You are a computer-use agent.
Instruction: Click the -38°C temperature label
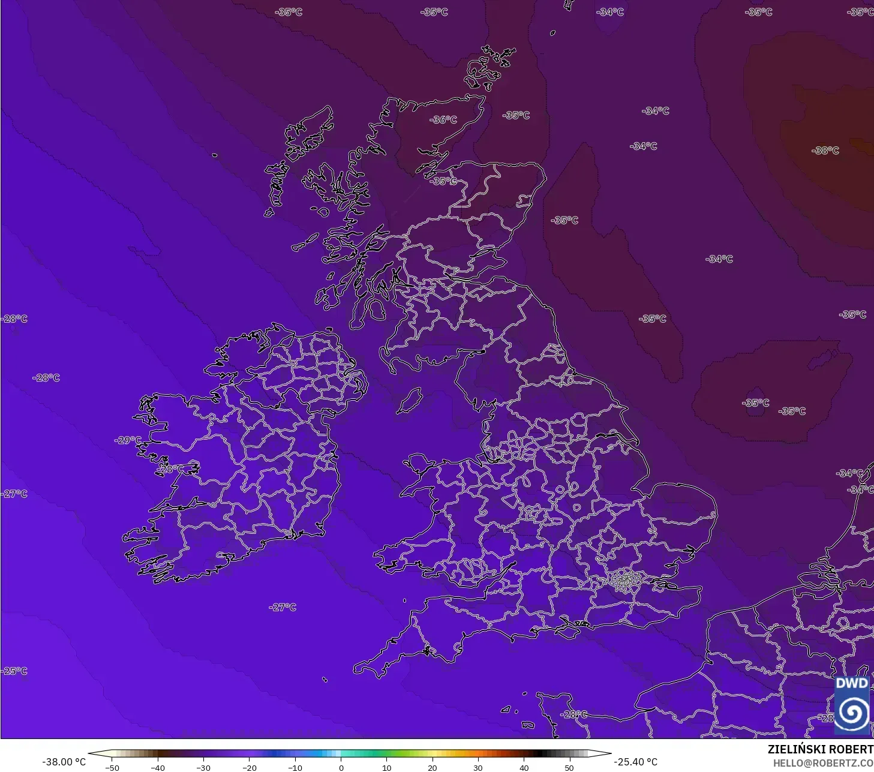[825, 151]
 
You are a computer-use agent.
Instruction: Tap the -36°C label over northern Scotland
[443, 120]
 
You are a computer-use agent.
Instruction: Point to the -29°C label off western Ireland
[128, 440]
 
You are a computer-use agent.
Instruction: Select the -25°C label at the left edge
[14, 671]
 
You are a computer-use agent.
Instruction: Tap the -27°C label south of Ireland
[283, 607]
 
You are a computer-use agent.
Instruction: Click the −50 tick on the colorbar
[112, 767]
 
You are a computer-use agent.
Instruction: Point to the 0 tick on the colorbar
[341, 767]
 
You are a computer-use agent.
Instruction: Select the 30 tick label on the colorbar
[477, 767]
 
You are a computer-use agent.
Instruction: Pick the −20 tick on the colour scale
[249, 767]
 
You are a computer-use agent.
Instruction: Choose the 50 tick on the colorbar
[569, 767]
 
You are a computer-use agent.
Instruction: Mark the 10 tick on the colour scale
[386, 767]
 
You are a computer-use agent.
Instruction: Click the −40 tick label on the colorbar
[157, 767]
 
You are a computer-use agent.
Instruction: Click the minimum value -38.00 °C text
[64, 762]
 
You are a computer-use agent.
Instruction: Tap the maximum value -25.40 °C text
[635, 762]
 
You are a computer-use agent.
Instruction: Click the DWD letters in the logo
[852, 683]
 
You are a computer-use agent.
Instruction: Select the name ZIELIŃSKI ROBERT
[820, 749]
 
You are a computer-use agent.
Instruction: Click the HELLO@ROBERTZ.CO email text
[822, 763]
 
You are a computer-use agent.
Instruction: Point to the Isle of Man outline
[410, 399]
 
